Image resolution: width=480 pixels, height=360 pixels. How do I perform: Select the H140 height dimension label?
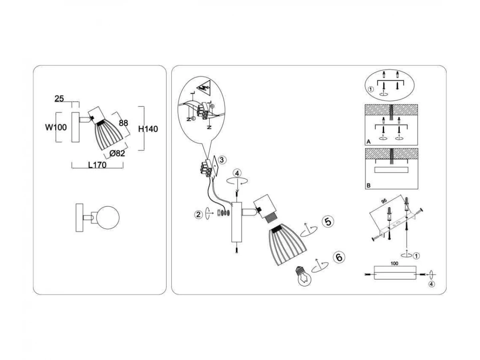click(x=148, y=129)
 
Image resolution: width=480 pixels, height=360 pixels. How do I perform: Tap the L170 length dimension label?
click(x=97, y=165)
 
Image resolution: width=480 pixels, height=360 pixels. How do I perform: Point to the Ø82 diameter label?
click(x=117, y=153)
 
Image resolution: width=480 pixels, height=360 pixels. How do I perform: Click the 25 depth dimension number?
click(x=59, y=99)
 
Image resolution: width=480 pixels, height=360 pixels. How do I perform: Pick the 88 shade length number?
click(x=124, y=123)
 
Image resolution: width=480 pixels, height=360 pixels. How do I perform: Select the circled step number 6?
click(x=338, y=257)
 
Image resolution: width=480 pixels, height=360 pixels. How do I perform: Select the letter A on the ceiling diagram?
click(x=368, y=142)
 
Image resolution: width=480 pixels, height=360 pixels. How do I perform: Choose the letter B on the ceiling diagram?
click(x=368, y=186)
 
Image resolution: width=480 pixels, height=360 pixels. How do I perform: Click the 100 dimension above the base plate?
click(x=395, y=264)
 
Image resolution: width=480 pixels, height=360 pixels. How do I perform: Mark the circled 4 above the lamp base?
click(x=238, y=173)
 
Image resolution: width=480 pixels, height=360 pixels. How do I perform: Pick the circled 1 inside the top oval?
click(x=371, y=89)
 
